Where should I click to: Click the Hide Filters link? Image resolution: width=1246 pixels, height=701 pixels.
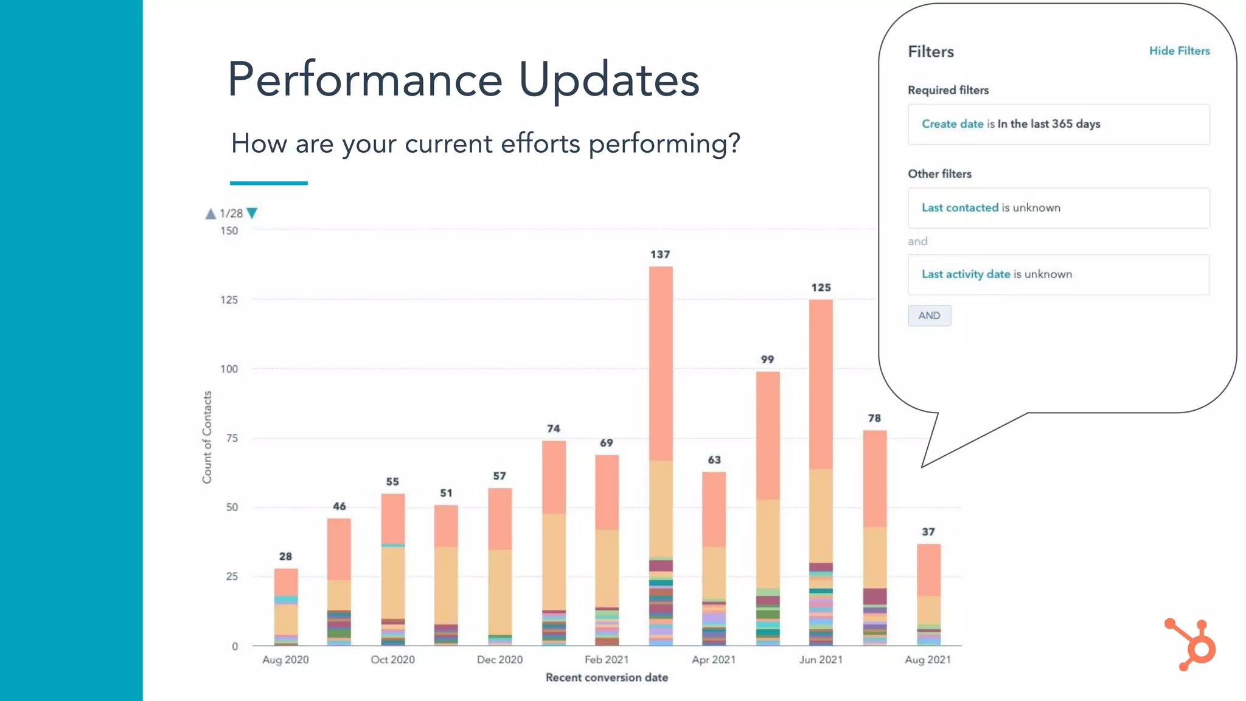pyautogui.click(x=1178, y=51)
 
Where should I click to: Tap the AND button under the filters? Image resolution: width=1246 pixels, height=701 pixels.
pyautogui.click(x=928, y=316)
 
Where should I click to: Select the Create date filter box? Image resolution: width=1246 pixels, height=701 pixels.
pyautogui.click(x=1058, y=124)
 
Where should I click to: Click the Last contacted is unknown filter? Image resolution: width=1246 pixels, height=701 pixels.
pyautogui.click(x=1058, y=208)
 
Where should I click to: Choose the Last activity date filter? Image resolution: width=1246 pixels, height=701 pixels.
pyautogui.click(x=1058, y=274)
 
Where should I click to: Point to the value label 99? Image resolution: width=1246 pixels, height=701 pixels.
pyautogui.click(x=767, y=360)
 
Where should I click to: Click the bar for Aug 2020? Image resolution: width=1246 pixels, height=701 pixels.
pyautogui.click(x=285, y=609)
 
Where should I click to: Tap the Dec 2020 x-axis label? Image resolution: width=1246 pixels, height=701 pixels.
pyautogui.click(x=499, y=660)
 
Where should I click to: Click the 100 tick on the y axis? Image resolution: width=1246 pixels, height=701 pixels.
pyautogui.click(x=229, y=369)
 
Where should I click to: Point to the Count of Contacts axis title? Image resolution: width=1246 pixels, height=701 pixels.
pyautogui.click(x=207, y=437)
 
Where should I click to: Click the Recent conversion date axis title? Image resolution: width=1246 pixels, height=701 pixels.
pyautogui.click(x=607, y=677)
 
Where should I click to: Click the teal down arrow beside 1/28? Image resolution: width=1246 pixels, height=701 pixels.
pyautogui.click(x=252, y=213)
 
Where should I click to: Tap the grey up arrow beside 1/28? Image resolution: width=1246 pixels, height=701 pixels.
pyautogui.click(x=211, y=214)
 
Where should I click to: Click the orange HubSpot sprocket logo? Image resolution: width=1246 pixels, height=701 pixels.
pyautogui.click(x=1191, y=644)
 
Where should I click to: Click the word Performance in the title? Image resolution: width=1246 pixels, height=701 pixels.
pyautogui.click(x=364, y=80)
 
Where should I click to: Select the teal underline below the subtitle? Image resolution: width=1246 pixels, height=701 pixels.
pyautogui.click(x=268, y=183)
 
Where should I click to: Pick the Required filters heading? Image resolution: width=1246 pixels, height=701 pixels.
pyautogui.click(x=948, y=90)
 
